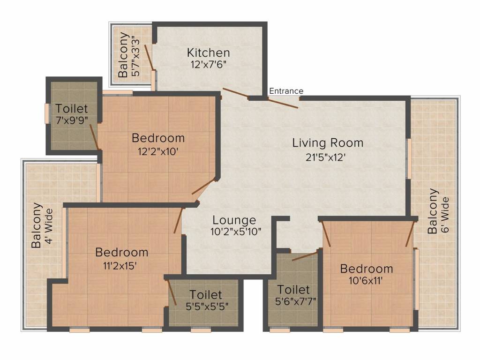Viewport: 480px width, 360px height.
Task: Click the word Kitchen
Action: coord(208,52)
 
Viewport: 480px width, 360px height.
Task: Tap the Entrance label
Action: coord(286,91)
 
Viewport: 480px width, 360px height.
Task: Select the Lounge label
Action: coord(234,220)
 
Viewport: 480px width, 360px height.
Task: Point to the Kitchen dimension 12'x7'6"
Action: coord(208,65)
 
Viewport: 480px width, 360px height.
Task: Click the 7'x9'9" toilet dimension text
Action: coord(72,120)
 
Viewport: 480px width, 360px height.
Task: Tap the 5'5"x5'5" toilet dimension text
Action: coord(207,307)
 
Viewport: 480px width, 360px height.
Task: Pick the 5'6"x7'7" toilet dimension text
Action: coord(295,301)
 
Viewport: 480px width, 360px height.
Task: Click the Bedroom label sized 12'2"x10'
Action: coord(158,138)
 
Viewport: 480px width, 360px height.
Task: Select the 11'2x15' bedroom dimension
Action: coord(120,266)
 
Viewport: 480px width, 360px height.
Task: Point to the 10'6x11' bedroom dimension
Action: coord(366,280)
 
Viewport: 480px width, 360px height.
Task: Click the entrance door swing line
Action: coord(283,103)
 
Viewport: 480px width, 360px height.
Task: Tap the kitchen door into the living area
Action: coord(235,93)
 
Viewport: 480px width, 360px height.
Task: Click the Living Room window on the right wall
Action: coord(409,158)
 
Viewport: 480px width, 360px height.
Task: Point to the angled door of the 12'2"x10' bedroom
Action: coord(204,187)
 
